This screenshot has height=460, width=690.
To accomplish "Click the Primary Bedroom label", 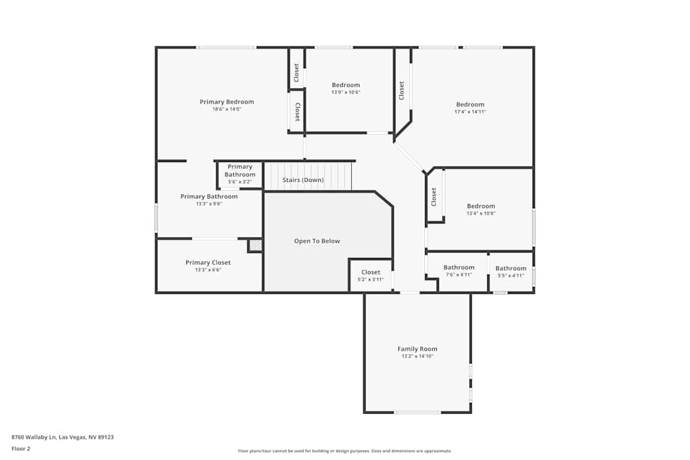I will [x=226, y=102].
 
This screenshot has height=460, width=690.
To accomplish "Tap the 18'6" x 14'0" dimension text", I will [x=226, y=110].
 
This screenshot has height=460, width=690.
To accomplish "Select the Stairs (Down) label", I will [x=303, y=180].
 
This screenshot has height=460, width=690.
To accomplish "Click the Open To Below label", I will [x=317, y=241].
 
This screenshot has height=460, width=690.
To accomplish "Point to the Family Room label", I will [x=417, y=349].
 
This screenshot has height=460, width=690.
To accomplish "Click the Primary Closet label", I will [x=208, y=263].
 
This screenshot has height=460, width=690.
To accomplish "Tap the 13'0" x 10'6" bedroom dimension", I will [x=346, y=92].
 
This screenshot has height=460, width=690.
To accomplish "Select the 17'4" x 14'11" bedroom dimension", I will [x=470, y=112].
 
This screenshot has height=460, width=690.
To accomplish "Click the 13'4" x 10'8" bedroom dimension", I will [x=480, y=214].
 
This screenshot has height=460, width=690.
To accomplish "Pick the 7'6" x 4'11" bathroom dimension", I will [x=458, y=274].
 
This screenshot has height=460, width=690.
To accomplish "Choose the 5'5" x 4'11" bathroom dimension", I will [x=511, y=275].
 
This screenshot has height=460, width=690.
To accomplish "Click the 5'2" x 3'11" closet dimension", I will [x=371, y=279].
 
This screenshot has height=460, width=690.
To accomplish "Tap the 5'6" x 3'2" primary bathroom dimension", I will [x=239, y=181].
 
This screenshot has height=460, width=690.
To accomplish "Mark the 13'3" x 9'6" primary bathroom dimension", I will [x=208, y=204].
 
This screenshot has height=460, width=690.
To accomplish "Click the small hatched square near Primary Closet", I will [x=255, y=245].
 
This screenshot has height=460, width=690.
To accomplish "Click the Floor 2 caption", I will [x=21, y=448].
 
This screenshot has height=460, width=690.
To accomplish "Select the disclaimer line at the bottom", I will [x=345, y=451].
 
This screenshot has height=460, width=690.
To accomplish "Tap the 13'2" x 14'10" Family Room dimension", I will [x=417, y=357].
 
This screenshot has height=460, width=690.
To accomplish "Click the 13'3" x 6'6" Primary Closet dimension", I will [x=208, y=270].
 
